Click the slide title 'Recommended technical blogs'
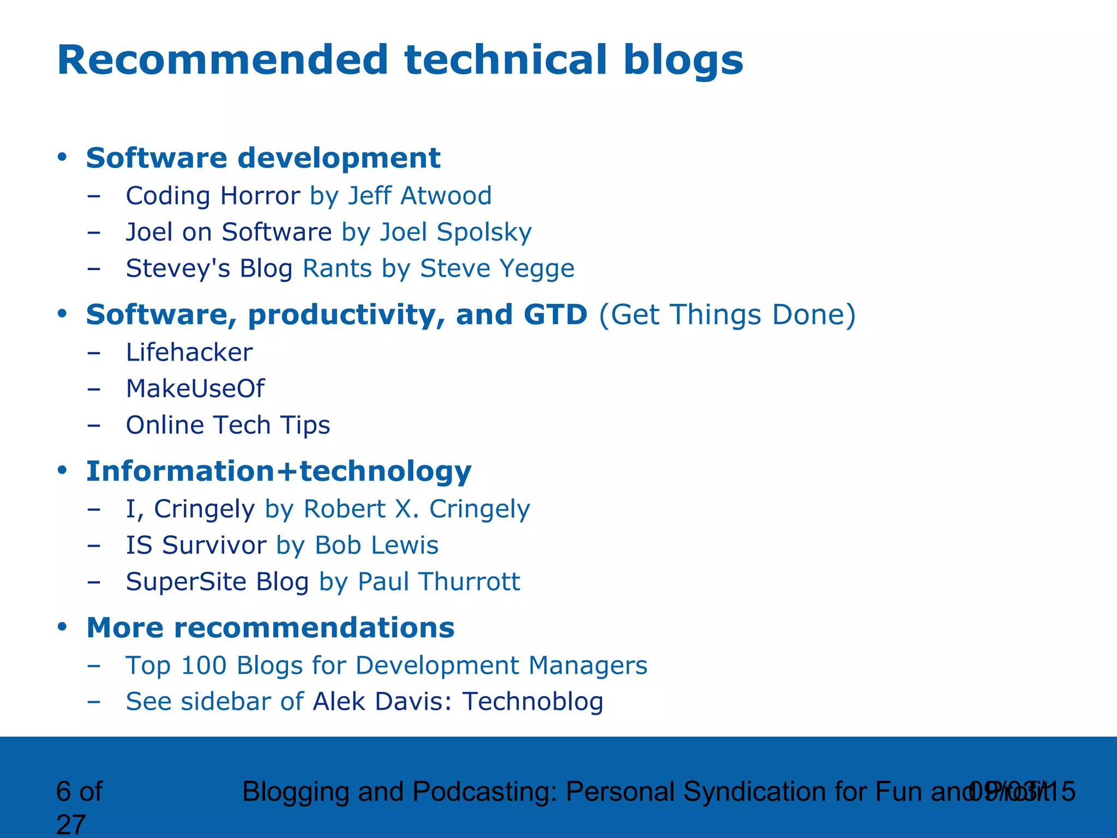point(400,60)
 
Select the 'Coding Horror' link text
point(213,196)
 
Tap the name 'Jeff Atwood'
point(419,196)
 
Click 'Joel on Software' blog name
point(229,232)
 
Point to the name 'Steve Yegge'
point(497,268)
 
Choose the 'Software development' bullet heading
point(263,158)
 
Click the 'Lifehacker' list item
point(189,352)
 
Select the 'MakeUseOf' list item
point(195,389)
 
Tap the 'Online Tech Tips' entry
point(228,425)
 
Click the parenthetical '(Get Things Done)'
point(727,315)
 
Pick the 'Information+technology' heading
point(279,471)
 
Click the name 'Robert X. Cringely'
point(416,509)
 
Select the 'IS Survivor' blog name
point(196,545)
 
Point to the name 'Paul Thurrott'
point(439,582)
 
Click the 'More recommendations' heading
point(270,627)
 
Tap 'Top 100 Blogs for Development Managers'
point(386,666)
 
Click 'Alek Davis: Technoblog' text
point(458,702)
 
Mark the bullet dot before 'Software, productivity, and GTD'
point(62,314)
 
